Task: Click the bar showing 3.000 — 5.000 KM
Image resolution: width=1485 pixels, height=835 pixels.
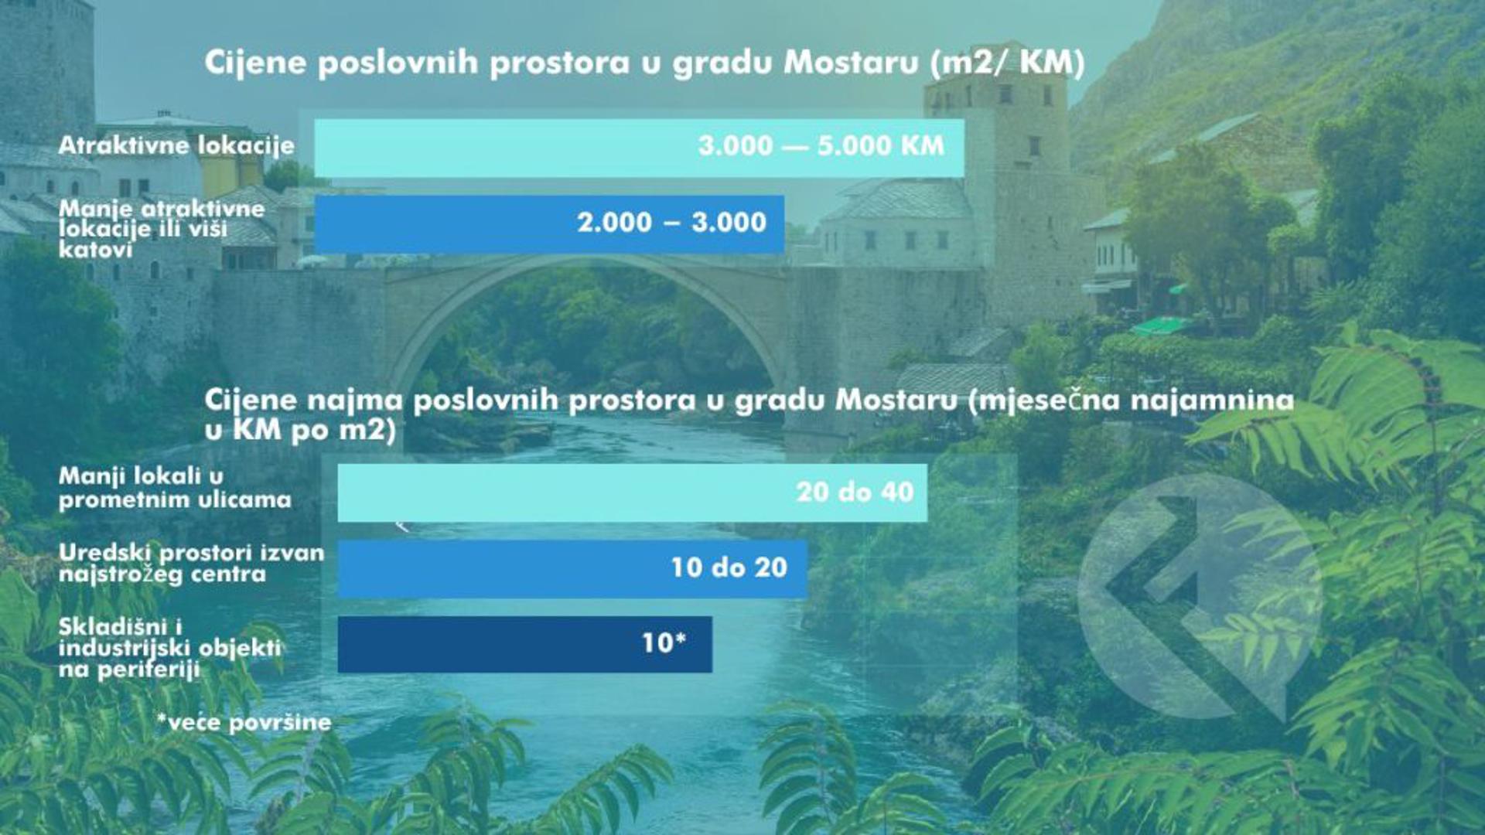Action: [639, 148]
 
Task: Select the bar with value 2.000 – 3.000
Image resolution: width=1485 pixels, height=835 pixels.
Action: [549, 223]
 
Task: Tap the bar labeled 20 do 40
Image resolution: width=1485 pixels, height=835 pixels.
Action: [633, 492]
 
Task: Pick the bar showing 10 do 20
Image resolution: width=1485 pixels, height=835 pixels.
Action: [572, 568]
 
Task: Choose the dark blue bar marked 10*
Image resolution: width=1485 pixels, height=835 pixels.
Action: [525, 644]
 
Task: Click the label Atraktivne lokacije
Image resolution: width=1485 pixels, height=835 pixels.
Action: [176, 145]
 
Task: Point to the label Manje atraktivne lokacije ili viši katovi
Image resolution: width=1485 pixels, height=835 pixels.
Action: [162, 229]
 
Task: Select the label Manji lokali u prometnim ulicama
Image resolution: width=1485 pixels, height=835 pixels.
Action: [175, 488]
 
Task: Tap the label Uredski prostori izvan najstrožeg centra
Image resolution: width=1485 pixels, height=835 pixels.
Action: [191, 564]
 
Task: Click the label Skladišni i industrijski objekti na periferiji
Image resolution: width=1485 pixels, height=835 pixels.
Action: [169, 648]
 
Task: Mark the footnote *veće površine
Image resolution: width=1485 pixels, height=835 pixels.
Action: [244, 723]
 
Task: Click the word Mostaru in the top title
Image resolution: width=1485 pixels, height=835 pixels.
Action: [851, 63]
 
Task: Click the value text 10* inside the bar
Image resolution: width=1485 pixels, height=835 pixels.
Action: [664, 642]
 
